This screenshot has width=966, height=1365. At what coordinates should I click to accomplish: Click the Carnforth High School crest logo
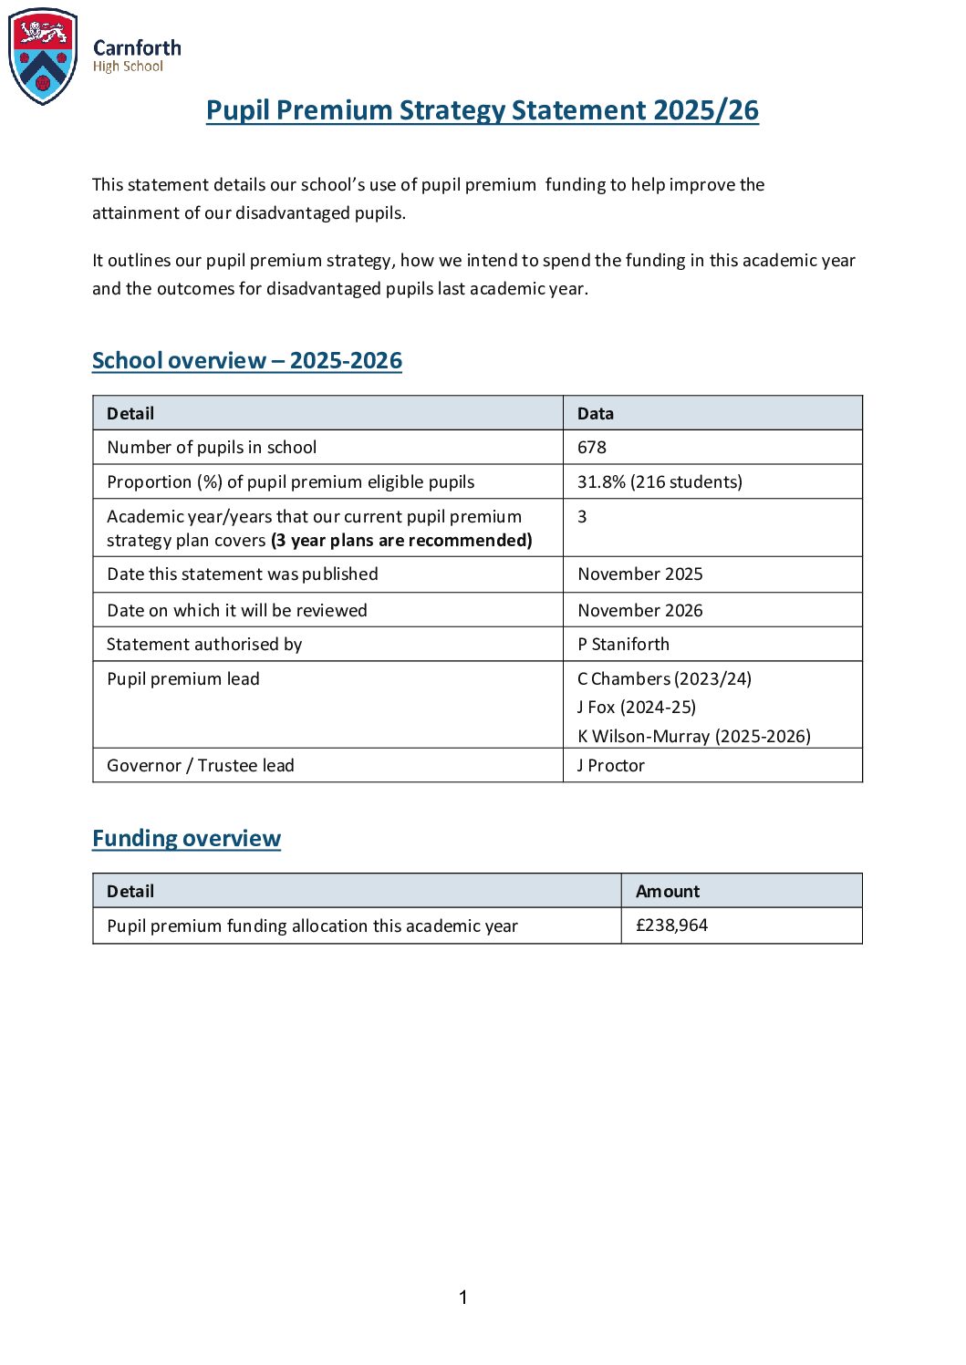click(43, 57)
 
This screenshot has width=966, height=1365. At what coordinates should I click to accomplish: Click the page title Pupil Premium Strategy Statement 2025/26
click(482, 110)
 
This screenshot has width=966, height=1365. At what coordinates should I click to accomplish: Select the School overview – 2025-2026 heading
click(246, 361)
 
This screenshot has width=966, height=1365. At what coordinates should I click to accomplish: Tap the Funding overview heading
click(186, 839)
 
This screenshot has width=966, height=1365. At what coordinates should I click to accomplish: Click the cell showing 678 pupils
click(592, 448)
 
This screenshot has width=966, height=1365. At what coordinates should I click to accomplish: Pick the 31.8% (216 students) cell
click(660, 482)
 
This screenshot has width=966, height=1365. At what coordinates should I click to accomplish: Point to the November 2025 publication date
click(639, 574)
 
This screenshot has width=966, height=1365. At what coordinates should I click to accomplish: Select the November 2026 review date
click(639, 611)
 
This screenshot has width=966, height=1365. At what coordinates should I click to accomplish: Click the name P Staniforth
click(623, 645)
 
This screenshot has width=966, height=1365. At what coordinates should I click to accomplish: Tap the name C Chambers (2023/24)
click(664, 679)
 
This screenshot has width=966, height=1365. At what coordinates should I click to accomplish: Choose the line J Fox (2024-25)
click(636, 708)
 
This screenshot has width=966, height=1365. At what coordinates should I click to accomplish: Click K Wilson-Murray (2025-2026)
click(693, 737)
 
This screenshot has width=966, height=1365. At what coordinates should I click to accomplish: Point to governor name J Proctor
click(610, 766)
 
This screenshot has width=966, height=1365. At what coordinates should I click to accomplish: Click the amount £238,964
click(671, 926)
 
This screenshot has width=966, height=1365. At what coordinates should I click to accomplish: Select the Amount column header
click(667, 892)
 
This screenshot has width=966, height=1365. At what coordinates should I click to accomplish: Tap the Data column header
click(595, 414)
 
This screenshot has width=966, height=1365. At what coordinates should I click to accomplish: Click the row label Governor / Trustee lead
click(200, 766)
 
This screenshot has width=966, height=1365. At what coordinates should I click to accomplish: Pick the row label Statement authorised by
click(203, 645)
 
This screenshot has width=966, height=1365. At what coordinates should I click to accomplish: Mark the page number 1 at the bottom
click(463, 1298)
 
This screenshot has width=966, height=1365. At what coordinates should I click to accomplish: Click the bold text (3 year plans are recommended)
click(401, 541)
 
